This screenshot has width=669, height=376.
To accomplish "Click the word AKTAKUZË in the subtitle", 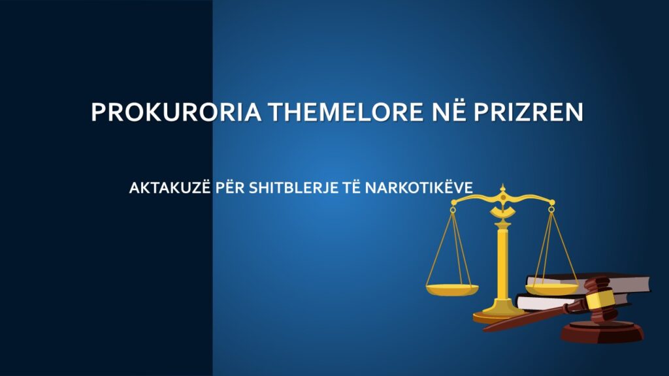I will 171,188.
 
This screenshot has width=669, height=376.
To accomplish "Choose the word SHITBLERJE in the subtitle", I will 297,188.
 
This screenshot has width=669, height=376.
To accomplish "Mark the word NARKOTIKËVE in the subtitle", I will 419,188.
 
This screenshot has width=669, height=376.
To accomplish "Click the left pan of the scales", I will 451,288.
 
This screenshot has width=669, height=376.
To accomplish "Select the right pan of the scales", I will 552,288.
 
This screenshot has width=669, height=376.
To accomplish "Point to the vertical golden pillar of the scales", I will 502,261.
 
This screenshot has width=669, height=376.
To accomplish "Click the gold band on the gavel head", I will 600,299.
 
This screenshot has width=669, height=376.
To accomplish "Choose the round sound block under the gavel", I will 602,332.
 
